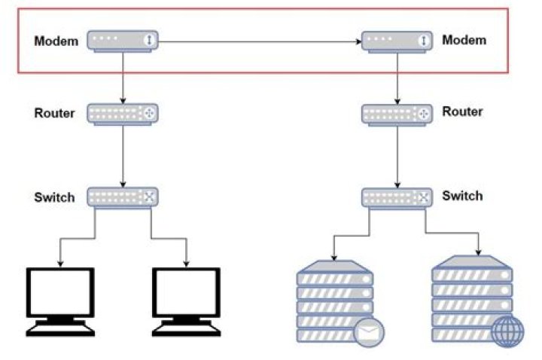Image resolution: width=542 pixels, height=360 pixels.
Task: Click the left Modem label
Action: click(x=56, y=41)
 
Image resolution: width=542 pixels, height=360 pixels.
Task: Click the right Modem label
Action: click(x=464, y=40)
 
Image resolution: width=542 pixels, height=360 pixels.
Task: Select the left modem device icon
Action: click(x=123, y=41)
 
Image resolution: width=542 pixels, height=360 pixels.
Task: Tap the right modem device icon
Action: click(x=397, y=42)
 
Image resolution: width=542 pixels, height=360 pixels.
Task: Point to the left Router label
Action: click(x=54, y=113)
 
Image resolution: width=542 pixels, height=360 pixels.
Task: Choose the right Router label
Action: click(x=462, y=111)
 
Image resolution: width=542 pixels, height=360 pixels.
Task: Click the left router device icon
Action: click(x=123, y=114)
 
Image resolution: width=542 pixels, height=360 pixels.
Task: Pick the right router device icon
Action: click(x=397, y=114)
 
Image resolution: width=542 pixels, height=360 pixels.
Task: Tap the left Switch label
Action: click(x=54, y=197)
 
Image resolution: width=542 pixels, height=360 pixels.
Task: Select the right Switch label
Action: click(x=462, y=196)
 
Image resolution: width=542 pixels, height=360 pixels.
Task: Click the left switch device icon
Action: click(x=123, y=198)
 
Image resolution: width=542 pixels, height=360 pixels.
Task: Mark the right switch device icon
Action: click(x=397, y=199)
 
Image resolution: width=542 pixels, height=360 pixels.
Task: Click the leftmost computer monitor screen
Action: click(x=60, y=292)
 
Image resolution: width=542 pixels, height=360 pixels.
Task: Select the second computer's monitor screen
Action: click(x=187, y=292)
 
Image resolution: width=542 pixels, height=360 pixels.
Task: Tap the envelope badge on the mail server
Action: click(x=369, y=333)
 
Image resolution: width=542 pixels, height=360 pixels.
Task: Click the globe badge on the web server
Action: click(x=508, y=331)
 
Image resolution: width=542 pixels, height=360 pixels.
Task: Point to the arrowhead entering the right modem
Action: click(x=358, y=42)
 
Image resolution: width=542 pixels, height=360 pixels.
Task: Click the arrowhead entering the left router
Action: click(x=123, y=101)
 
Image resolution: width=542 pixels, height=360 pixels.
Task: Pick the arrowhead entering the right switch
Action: click(x=397, y=185)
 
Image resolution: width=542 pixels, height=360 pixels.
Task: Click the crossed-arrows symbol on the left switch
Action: click(x=149, y=197)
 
